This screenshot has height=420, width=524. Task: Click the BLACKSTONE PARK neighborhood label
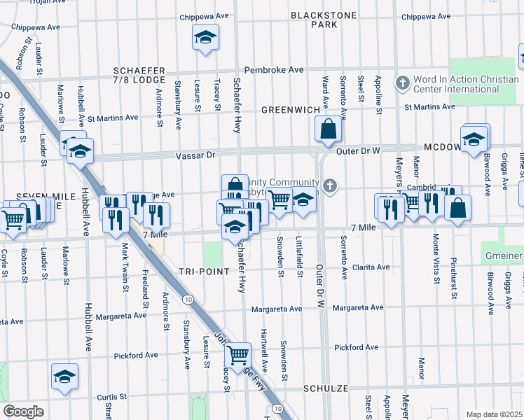point(324,20)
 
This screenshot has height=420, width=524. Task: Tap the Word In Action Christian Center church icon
point(402,83)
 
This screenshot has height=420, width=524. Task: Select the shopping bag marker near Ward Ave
point(329,129)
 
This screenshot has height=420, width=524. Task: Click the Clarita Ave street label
point(371,267)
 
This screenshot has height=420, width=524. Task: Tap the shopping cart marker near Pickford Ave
point(238,356)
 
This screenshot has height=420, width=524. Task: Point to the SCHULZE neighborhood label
point(326,388)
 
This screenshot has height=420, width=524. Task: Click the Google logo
point(23,412)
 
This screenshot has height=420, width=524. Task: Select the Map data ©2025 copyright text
point(494,414)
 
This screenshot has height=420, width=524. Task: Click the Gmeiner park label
point(502,256)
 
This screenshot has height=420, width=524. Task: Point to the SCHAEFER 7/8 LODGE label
point(139,76)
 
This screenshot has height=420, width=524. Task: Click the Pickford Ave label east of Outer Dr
point(359,347)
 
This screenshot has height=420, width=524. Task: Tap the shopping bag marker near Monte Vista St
point(457,208)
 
